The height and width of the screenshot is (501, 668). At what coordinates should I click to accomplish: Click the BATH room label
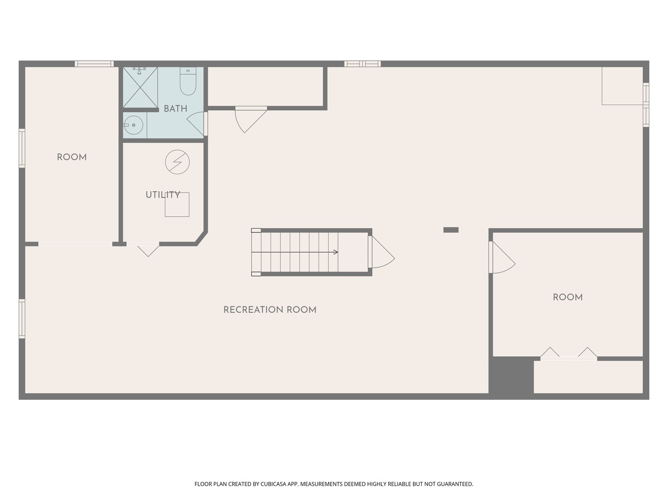coord(175,109)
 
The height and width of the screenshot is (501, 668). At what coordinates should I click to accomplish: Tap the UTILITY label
coord(163,195)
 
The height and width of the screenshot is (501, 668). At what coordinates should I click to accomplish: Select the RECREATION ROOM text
coord(270,310)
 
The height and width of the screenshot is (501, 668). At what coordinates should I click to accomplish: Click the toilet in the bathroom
coord(188,81)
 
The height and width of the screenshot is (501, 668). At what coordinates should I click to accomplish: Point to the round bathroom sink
coord(133,125)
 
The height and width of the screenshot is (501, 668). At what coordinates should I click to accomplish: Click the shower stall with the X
coord(140,87)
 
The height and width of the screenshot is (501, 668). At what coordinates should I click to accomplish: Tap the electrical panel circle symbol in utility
coord(177,162)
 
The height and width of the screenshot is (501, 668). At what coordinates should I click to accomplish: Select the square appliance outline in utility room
coord(177,205)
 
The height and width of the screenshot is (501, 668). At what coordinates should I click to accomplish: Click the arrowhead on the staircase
coord(336,252)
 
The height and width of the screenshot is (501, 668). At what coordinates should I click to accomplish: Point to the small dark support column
coord(451,230)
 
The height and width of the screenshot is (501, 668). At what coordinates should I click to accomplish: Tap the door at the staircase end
coord(381,252)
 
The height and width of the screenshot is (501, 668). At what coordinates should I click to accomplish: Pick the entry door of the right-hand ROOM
coord(502,257)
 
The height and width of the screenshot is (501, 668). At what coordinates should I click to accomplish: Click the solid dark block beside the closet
coord(511,377)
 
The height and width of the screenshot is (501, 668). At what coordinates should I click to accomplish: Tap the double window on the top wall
coord(362,64)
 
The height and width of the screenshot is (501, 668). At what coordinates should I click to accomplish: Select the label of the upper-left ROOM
coord(72,157)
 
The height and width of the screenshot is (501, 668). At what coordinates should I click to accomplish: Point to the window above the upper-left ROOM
coord(94,64)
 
